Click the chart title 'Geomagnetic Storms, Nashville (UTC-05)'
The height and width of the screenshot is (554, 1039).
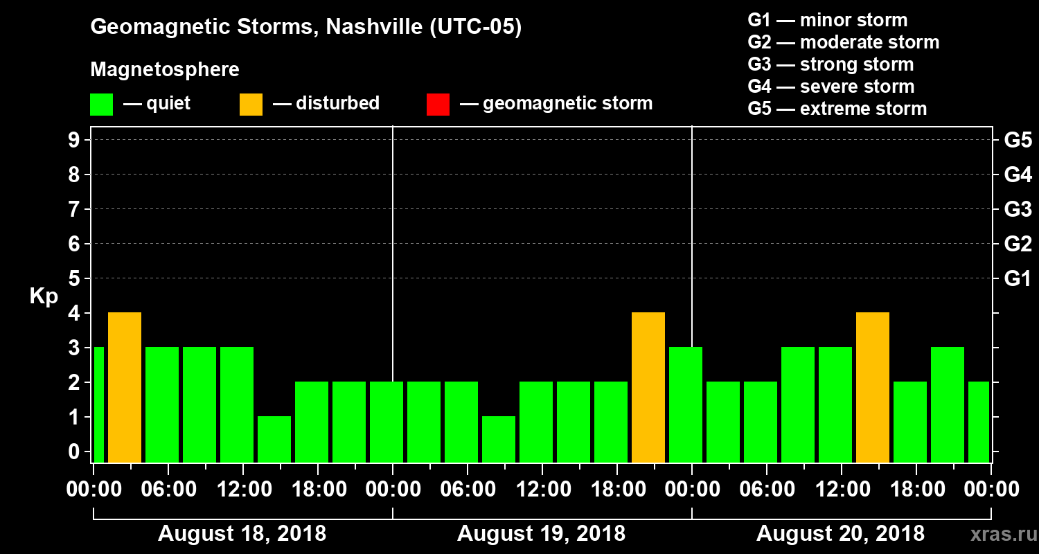[x=305, y=27]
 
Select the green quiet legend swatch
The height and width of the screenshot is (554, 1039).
[x=101, y=104]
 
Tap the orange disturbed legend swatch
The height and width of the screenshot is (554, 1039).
[x=251, y=104]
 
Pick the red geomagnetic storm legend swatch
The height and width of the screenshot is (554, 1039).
[x=438, y=104]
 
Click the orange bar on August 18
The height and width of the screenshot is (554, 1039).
[x=125, y=387]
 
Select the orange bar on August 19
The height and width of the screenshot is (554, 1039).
[x=648, y=387]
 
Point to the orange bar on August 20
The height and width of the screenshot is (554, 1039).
[x=873, y=387]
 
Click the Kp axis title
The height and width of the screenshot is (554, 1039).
[x=44, y=296]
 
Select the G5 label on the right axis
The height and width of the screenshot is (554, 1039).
[x=1018, y=141]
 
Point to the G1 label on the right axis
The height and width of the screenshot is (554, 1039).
[x=1018, y=279]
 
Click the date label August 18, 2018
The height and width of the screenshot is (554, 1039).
[x=242, y=534]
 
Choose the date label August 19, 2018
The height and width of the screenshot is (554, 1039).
[x=541, y=534]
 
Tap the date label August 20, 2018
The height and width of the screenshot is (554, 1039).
[x=840, y=534]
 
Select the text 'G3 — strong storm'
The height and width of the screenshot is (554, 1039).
[x=831, y=64]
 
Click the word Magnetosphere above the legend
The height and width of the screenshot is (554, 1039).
[x=165, y=70]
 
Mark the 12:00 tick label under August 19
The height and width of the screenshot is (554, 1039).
[x=543, y=490]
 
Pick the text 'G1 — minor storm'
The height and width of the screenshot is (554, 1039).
[x=827, y=20]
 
